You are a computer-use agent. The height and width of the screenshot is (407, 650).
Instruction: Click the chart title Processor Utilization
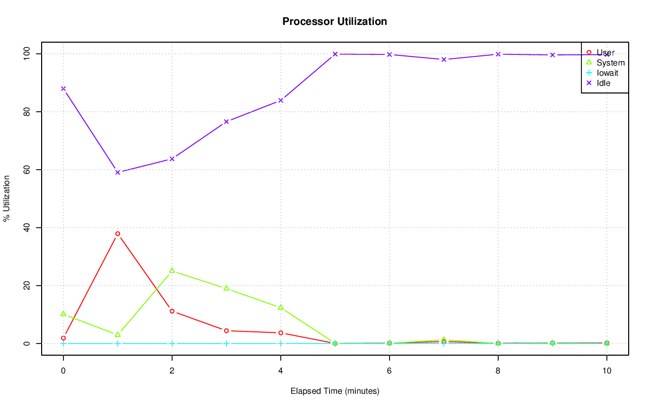(335, 21)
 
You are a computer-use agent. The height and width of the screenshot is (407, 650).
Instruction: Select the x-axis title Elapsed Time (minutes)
(335, 391)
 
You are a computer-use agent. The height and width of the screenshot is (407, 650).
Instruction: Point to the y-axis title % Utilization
(7, 198)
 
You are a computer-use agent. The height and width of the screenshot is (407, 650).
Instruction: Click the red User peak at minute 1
(118, 234)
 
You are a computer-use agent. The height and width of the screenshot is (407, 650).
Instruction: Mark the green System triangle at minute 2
(172, 271)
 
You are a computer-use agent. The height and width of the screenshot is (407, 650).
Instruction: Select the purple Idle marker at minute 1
(118, 172)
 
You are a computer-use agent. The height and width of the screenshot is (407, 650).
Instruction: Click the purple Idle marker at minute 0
(63, 88)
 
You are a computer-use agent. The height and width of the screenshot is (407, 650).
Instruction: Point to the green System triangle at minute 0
(63, 314)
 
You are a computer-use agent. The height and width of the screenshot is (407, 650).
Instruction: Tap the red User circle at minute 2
(172, 311)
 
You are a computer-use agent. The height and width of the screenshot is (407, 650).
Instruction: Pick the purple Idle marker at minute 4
(281, 101)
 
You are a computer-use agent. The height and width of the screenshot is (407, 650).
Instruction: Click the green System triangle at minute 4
(281, 307)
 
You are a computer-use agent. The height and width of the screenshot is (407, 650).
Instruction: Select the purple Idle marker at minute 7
(444, 59)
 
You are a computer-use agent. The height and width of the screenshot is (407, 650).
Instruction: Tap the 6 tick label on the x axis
(389, 371)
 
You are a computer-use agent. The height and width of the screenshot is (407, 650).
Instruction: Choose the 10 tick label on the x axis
(606, 371)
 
